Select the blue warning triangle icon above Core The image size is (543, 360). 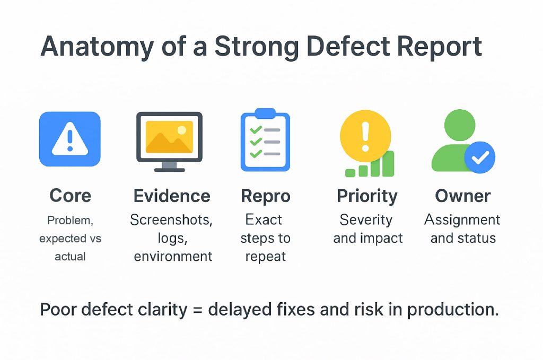pyautogui.click(x=69, y=139)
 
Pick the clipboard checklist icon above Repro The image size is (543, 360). pyautogui.click(x=265, y=141)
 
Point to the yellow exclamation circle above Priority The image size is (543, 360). pyautogui.click(x=365, y=132)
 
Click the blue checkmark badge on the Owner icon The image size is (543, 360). pyautogui.click(x=479, y=157)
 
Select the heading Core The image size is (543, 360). pyautogui.click(x=70, y=196)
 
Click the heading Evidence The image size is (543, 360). pyautogui.click(x=172, y=196)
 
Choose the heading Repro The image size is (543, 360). pyautogui.click(x=266, y=196)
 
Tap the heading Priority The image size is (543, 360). pyautogui.click(x=367, y=196)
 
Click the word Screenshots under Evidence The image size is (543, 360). pyautogui.click(x=171, y=220)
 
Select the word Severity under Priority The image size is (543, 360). pyautogui.click(x=366, y=219)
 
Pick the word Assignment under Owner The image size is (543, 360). pyautogui.click(x=462, y=219)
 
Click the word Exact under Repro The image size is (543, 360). pyautogui.click(x=264, y=219)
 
